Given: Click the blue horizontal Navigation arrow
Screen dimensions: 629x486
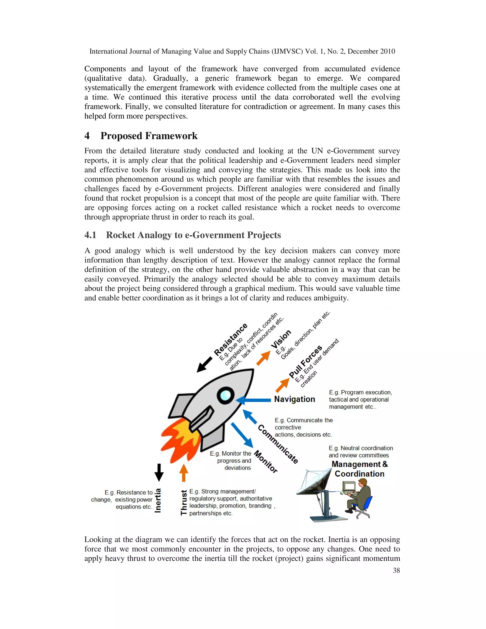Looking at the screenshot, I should (x=253, y=400).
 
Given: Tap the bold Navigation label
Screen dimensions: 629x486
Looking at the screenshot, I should (x=294, y=399).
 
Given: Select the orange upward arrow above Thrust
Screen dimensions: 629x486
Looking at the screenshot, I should (x=184, y=473).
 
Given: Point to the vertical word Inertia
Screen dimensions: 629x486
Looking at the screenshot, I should (x=158, y=501).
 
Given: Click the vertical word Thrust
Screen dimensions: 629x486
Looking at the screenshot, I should (x=183, y=502).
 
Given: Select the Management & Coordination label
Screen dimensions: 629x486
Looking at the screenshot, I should (x=359, y=469).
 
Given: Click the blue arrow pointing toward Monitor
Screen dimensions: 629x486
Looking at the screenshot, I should (x=242, y=435).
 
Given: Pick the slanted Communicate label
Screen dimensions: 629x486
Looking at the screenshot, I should (x=278, y=444).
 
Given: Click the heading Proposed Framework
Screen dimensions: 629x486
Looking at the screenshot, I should (x=149, y=136).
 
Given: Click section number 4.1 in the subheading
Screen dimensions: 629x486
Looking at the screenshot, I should (x=90, y=235).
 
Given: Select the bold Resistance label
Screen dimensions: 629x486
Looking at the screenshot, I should (x=231, y=339).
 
